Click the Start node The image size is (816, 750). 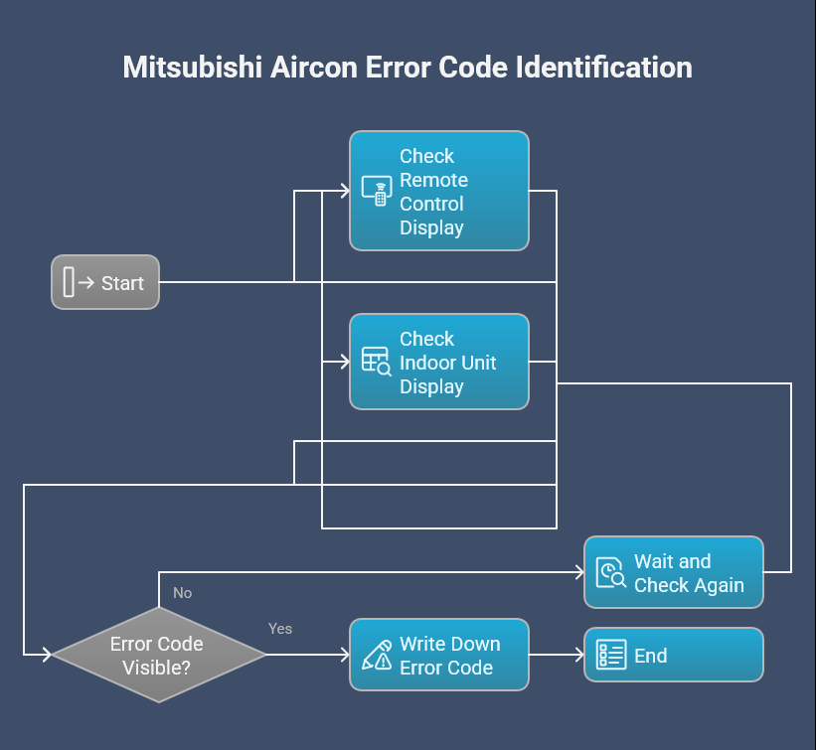[105, 282]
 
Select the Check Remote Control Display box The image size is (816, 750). [438, 191]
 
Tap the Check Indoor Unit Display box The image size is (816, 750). [438, 362]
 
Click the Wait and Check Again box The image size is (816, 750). [673, 572]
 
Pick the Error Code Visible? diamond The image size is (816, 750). [158, 656]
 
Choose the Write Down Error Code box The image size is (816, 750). [438, 656]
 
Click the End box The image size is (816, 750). [673, 656]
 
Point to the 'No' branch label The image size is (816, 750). [182, 593]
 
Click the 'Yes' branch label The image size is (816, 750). [280, 629]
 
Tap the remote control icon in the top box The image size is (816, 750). [376, 191]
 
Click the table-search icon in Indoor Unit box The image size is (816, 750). [376, 362]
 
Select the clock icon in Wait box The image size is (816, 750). [610, 573]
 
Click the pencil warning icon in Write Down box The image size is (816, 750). [376, 656]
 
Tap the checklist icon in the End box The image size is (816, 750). [610, 656]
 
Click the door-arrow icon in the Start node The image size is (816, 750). [79, 282]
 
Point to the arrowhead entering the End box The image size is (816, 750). [578, 656]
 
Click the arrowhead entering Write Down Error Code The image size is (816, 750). [345, 656]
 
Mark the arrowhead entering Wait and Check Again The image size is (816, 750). [578, 572]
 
